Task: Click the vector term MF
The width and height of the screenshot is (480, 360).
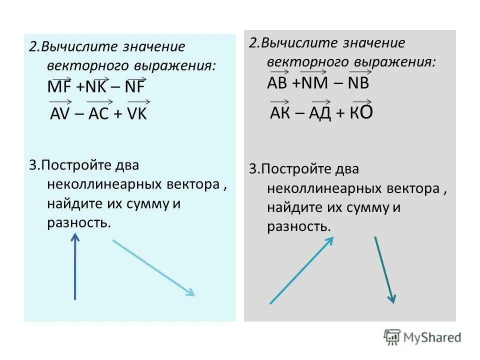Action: click(59, 87)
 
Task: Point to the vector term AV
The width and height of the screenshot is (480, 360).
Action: click(61, 114)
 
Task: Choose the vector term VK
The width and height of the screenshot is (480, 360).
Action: click(137, 114)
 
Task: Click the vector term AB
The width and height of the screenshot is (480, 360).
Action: click(277, 83)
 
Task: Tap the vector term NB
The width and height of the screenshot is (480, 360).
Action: click(358, 83)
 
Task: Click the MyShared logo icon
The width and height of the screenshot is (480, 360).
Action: click(392, 337)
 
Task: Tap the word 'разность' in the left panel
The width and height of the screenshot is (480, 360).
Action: click(78, 222)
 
